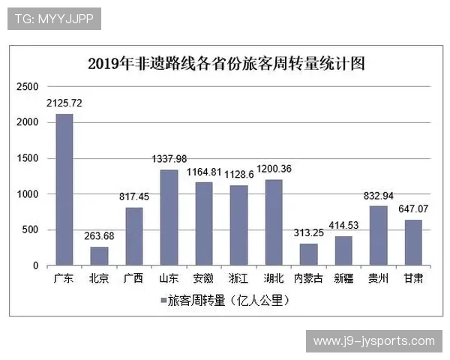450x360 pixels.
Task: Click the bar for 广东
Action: (x=64, y=190)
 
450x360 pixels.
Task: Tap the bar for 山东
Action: (x=169, y=217)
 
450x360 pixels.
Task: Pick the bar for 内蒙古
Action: (x=308, y=254)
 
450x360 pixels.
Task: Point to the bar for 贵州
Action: (x=379, y=235)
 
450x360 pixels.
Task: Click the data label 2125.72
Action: (x=64, y=103)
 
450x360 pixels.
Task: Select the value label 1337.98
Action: (x=169, y=158)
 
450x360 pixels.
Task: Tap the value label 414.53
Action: (x=343, y=225)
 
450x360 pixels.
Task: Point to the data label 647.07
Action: (x=413, y=208)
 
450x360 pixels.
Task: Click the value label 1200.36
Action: (x=274, y=168)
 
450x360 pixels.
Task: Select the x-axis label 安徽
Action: (x=203, y=278)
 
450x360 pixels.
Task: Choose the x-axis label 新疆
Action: (x=343, y=278)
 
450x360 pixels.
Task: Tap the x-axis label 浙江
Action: (x=238, y=278)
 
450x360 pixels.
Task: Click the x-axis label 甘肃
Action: (x=413, y=278)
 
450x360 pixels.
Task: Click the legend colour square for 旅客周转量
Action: (x=163, y=301)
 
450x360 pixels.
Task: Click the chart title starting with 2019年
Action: (x=226, y=63)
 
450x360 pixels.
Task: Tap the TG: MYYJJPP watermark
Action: (x=55, y=19)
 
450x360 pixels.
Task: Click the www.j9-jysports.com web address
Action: (x=373, y=341)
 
